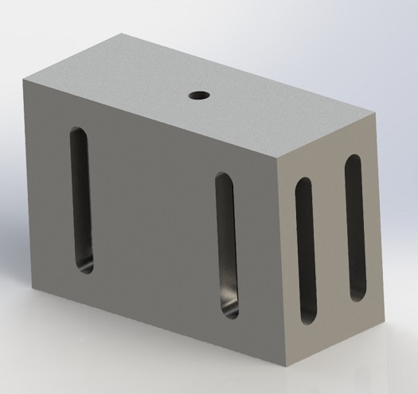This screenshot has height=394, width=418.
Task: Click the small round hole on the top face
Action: [198, 96]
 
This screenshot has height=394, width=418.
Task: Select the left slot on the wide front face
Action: [81, 200]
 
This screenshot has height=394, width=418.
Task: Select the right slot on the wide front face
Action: [227, 245]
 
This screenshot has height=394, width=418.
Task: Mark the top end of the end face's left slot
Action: [303, 185]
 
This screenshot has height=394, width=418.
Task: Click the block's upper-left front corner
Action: [25, 83]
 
